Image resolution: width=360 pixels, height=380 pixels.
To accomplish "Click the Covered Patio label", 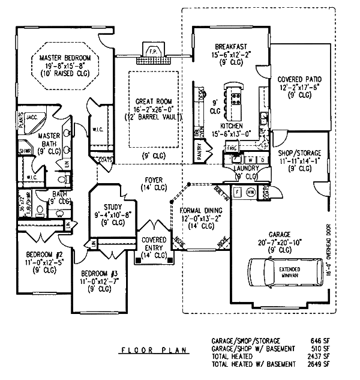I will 299,79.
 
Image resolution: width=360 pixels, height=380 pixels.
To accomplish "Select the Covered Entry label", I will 155,240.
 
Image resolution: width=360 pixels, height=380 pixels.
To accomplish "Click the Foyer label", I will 155,179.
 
